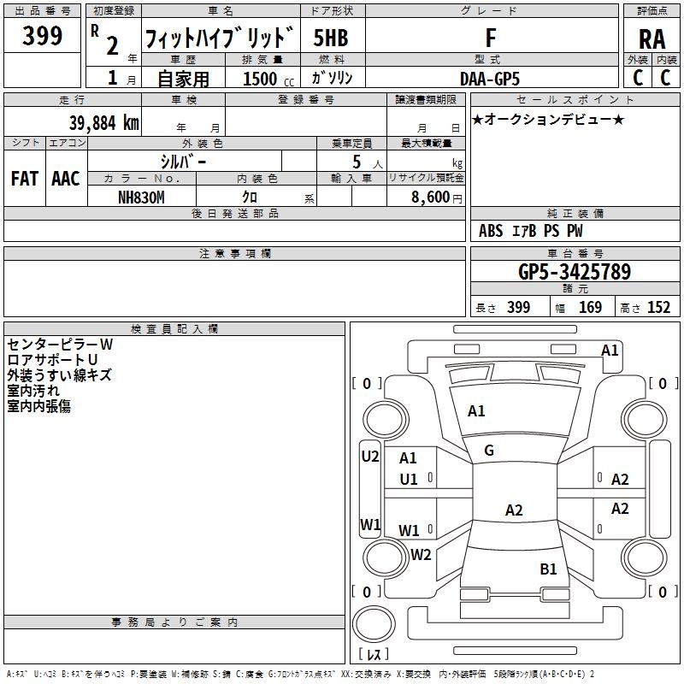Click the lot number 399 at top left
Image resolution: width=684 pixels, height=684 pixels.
(43, 36)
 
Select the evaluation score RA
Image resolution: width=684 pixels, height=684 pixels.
(652, 39)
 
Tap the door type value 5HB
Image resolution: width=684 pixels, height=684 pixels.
(330, 38)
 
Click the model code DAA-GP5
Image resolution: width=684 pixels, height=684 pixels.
(489, 78)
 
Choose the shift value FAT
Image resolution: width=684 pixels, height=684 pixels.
(24, 178)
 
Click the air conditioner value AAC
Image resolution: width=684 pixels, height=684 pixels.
(65, 178)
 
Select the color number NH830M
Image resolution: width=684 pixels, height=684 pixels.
(141, 197)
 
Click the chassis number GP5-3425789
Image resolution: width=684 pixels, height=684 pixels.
(574, 272)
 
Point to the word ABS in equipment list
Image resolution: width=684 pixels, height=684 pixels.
(491, 231)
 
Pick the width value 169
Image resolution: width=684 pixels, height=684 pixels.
(590, 307)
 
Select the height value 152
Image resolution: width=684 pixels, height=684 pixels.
(657, 307)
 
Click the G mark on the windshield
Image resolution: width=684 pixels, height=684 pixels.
(489, 451)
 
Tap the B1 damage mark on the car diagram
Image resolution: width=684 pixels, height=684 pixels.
(548, 569)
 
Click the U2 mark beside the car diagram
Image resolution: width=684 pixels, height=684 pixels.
(369, 457)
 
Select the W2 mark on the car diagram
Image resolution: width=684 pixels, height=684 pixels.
(421, 555)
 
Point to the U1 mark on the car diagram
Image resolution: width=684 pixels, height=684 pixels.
(409, 479)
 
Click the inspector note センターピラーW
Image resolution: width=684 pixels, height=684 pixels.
(60, 344)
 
